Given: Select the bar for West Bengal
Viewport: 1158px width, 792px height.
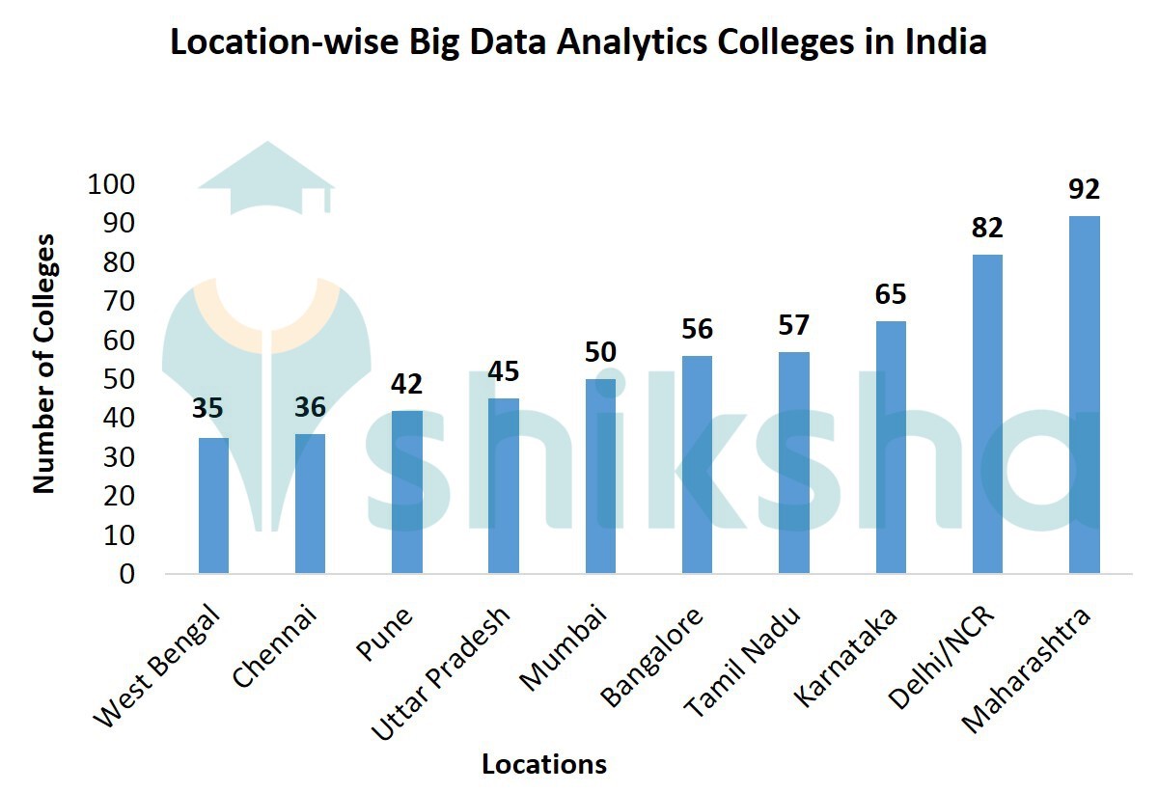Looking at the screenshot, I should click(x=213, y=505).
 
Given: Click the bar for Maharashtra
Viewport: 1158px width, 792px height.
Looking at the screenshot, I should click(x=1085, y=395).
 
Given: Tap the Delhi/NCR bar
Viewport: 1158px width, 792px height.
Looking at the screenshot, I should click(x=987, y=414).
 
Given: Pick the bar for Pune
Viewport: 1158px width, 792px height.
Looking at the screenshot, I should click(x=406, y=492).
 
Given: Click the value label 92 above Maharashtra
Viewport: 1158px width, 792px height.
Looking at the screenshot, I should click(x=1084, y=188).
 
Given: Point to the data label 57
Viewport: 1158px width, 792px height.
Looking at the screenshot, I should click(x=794, y=325).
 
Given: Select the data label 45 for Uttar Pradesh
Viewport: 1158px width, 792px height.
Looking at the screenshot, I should click(x=504, y=370).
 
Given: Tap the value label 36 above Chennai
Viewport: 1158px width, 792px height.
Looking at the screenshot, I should click(x=310, y=407).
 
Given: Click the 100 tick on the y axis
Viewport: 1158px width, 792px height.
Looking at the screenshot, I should click(x=114, y=184).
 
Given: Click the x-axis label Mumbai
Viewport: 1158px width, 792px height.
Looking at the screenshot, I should click(x=565, y=648).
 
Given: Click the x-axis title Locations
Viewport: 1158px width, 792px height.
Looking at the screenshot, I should click(x=544, y=765).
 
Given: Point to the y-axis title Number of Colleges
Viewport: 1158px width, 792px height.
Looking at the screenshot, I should click(x=44, y=364).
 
